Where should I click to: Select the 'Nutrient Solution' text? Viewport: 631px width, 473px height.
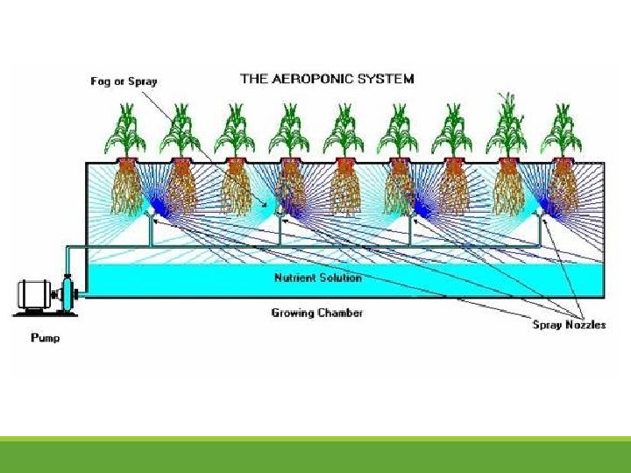(317, 278)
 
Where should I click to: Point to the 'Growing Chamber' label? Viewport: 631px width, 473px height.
(316, 313)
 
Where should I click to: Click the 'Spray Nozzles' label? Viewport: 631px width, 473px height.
(569, 325)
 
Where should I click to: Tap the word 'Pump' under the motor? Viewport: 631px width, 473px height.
(46, 337)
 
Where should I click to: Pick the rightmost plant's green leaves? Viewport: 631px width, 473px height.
(562, 131)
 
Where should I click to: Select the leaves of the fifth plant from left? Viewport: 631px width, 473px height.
(344, 131)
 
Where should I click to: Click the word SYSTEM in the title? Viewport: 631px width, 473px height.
(386, 78)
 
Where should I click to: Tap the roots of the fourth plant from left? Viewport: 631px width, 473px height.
(290, 188)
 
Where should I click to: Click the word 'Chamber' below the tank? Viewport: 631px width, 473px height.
(341, 313)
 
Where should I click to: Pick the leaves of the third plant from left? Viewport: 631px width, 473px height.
(236, 131)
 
